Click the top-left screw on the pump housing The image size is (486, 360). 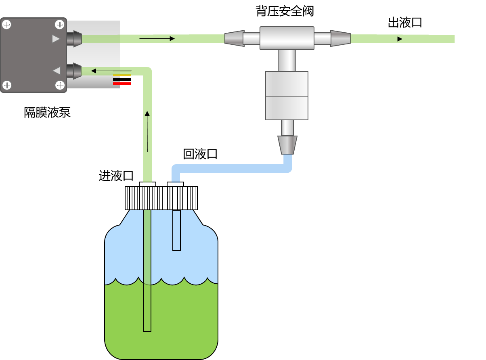click(x=6, y=25)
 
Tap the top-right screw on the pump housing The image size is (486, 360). click(x=60, y=25)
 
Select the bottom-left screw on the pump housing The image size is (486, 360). click(x=6, y=85)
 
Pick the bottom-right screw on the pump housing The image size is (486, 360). click(x=60, y=85)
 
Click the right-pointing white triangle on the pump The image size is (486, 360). click(x=56, y=39)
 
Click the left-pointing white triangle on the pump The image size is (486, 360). click(x=57, y=71)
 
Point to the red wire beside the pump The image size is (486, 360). click(x=122, y=84)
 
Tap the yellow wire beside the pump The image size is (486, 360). click(x=122, y=75)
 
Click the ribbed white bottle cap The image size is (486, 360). click(x=161, y=198)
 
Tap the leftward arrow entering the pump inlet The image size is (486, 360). click(x=111, y=71)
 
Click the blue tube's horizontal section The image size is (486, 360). click(x=230, y=168)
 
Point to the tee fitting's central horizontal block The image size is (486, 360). click(x=287, y=38)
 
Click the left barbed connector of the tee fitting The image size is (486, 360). click(x=235, y=38)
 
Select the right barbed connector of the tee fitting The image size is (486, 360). click(x=340, y=38)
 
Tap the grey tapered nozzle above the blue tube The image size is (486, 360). click(x=287, y=145)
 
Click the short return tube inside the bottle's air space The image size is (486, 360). click(x=176, y=230)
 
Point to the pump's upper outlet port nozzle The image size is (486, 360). click(x=74, y=39)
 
